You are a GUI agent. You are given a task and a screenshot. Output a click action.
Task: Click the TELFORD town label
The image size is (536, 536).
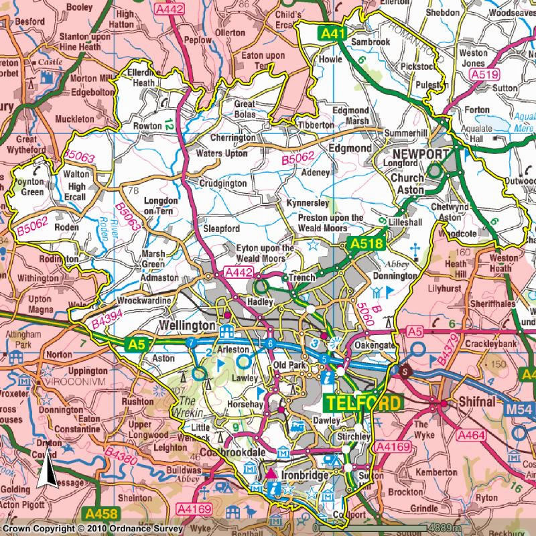pyautogui.click(x=362, y=403)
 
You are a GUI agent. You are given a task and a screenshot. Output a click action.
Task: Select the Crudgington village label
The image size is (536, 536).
pyautogui.click(x=223, y=184)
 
